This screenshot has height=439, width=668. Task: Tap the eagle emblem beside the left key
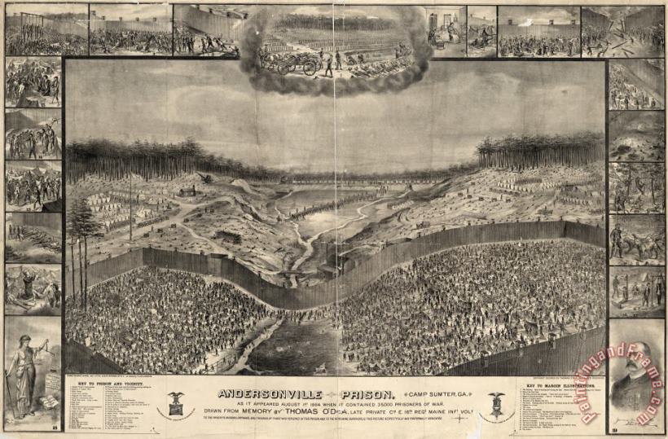175,401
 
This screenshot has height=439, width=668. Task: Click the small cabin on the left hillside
188,192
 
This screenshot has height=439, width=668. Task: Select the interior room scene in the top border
446,31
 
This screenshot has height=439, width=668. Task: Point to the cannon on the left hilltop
204,177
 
